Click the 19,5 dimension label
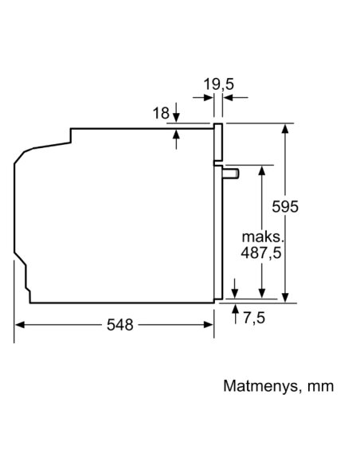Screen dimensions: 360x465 pos(218,84)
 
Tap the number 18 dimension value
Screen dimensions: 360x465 pos(161,113)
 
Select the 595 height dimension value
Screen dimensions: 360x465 pos(285,206)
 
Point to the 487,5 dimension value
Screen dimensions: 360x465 pos(261,253)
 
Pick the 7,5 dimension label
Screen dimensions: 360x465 pos(254,318)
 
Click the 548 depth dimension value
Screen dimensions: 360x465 pos(120,325)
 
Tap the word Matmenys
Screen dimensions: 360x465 pos(260,387)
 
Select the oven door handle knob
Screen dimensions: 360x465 pos(231,173)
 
